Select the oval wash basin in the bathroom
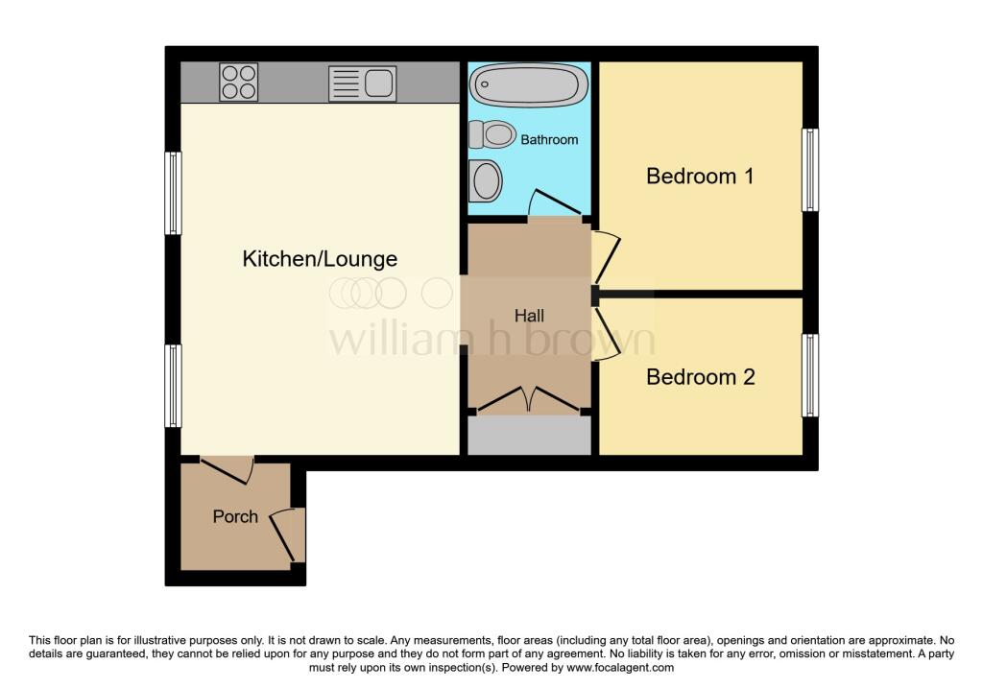pos(487,179)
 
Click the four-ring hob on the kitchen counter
pos(238,82)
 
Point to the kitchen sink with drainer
pos(361,83)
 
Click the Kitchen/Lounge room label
pos(319,259)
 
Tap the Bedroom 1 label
pos(700,177)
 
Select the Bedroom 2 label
pos(700,377)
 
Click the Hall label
pos(529,316)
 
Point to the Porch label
pos(235,516)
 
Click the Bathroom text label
pos(549,140)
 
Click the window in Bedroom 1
pos(811,170)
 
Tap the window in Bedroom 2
pos(811,375)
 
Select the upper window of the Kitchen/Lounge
pos(173,193)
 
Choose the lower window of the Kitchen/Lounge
pos(173,386)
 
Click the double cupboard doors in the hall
pos(529,400)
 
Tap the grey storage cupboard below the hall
pos(529,436)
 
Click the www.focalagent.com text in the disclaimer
pos(621,668)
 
